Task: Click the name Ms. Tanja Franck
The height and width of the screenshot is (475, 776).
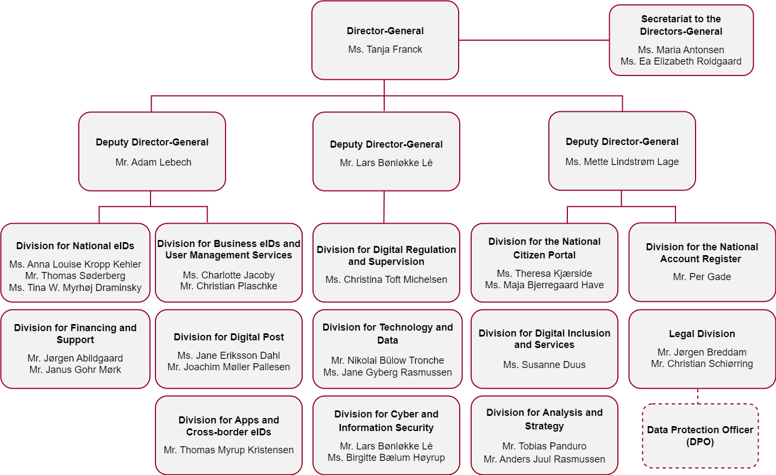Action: [x=385, y=49]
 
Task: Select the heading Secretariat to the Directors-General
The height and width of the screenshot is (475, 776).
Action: [x=681, y=25]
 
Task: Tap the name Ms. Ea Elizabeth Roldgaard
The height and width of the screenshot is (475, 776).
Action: [x=681, y=61]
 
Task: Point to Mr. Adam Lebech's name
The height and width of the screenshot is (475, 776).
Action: [x=153, y=162]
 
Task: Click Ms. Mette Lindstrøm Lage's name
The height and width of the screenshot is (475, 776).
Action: [x=622, y=162]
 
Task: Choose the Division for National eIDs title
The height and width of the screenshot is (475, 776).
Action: [x=75, y=245]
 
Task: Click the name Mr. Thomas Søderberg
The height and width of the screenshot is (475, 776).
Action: [x=75, y=276]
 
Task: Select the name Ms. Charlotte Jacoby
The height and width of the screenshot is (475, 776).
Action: [x=229, y=275]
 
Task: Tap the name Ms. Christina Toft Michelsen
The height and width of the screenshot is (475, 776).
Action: [x=386, y=279]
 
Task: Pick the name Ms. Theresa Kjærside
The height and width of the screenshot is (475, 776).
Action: [x=545, y=273]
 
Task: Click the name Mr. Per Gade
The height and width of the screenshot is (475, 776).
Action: [x=702, y=277]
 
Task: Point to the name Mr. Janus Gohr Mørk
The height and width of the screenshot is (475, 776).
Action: [x=75, y=370]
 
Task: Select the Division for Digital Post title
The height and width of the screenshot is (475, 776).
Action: [x=229, y=337]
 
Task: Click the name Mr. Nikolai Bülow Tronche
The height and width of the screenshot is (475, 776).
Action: [x=387, y=360]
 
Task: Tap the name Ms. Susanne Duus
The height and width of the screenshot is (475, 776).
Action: [x=545, y=365]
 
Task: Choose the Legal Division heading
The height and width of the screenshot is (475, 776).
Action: [x=702, y=334]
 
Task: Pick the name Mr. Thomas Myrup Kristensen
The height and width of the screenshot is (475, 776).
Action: [x=229, y=449]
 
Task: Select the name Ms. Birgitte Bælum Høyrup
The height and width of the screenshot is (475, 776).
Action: [x=386, y=457]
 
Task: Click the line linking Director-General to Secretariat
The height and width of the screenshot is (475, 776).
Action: [x=534, y=40]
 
